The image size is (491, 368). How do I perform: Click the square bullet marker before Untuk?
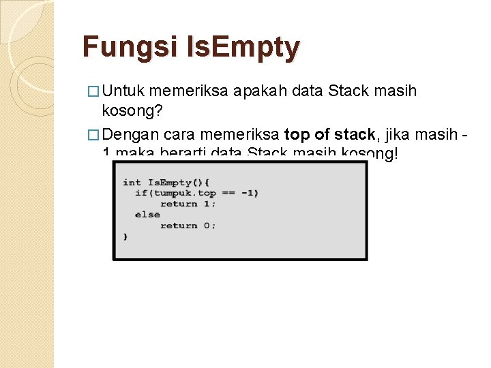(96, 91)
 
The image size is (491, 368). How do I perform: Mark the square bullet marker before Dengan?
(96, 134)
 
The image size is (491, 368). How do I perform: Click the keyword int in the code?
(132, 182)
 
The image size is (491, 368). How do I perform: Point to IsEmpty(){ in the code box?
(179, 182)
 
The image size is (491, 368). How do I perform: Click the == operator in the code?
(228, 193)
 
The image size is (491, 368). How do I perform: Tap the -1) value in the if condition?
(249, 193)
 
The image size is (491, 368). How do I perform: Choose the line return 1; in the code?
(188, 204)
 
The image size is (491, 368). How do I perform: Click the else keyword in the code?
(147, 215)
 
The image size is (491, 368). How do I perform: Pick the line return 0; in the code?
(188, 226)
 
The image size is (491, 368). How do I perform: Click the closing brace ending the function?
(125, 236)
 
